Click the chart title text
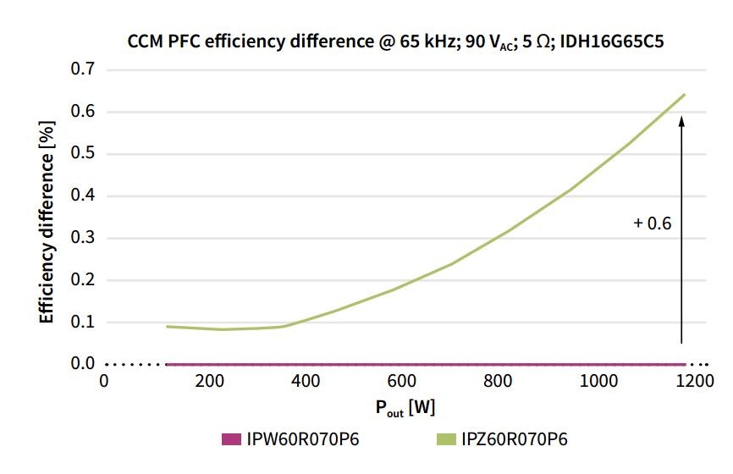coord(395,40)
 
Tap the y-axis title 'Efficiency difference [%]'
coord(47,222)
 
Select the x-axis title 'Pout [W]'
coord(405,408)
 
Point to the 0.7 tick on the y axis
coord(83,69)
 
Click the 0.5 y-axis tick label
coord(83,153)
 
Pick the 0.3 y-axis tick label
coord(83,238)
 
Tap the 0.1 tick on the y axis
coord(83,322)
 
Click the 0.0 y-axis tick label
coord(83,364)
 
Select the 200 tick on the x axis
coord(208,382)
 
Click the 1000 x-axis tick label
coord(602,382)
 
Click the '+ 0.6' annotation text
coord(652,223)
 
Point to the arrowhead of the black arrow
coord(681,121)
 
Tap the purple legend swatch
coord(231,439)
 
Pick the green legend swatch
coord(448,439)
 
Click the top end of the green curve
coord(683,95)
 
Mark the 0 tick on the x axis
coord(104,382)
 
